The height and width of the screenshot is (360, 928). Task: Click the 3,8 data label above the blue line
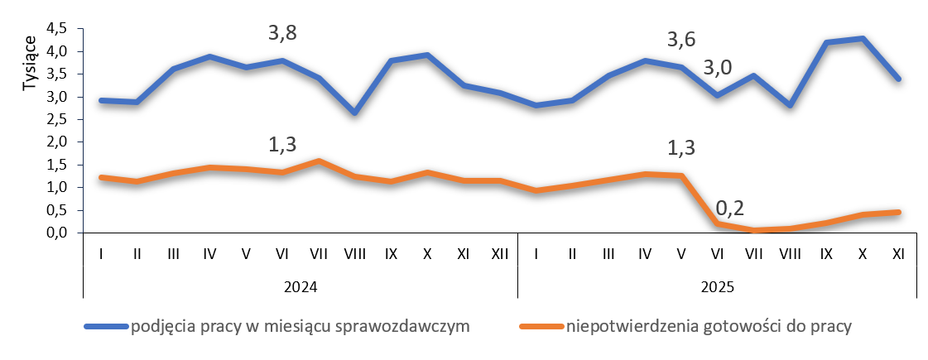[282, 34]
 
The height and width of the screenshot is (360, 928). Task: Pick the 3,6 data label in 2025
[681, 39]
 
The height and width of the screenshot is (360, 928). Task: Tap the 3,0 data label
[717, 68]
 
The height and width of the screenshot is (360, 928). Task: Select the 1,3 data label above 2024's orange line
[282, 145]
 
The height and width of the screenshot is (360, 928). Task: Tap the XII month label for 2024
[500, 254]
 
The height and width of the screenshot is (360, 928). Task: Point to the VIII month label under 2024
[354, 254]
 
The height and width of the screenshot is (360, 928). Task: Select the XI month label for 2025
[898, 254]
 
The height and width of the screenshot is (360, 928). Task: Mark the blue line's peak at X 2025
[862, 39]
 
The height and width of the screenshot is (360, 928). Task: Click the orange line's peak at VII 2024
[319, 161]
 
